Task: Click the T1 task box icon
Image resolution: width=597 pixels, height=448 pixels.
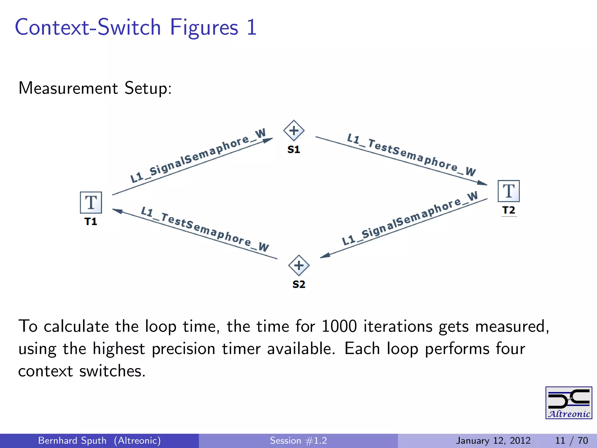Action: tap(91, 202)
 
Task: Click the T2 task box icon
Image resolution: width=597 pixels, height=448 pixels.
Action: tap(509, 191)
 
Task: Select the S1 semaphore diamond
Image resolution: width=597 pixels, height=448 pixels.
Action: tap(294, 130)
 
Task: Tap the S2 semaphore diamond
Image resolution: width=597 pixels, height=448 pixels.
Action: tap(299, 265)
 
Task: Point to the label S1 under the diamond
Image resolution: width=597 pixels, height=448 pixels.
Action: tap(294, 150)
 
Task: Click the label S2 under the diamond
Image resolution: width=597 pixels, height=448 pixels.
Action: tap(299, 284)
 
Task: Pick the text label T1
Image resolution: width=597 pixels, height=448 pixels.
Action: tap(91, 222)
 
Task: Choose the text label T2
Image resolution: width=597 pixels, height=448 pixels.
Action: tap(509, 210)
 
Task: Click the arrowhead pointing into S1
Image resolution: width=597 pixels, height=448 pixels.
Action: tap(268, 141)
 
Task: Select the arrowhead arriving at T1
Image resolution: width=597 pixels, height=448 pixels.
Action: tap(117, 211)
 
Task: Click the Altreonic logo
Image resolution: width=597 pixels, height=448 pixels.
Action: tap(569, 403)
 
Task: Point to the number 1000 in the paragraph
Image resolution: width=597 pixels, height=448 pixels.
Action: tap(339, 326)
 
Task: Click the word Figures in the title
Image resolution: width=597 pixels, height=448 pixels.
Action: tap(204, 27)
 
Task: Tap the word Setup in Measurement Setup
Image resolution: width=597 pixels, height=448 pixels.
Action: tap(148, 88)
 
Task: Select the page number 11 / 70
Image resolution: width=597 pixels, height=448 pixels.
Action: tap(571, 440)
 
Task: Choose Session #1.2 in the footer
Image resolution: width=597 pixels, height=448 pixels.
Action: tap(298, 440)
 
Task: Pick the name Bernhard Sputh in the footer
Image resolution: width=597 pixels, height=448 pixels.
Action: tap(72, 440)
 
